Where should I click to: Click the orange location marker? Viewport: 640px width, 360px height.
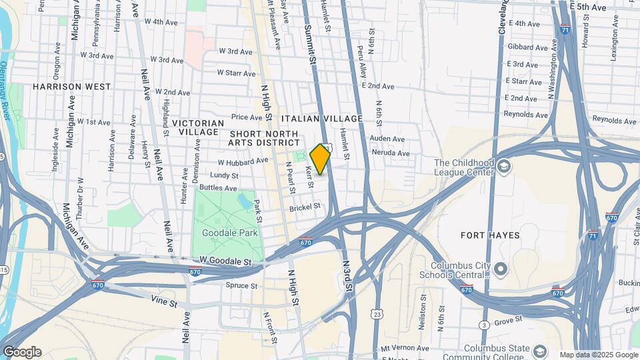click(x=321, y=159)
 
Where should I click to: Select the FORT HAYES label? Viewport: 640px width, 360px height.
click(x=490, y=235)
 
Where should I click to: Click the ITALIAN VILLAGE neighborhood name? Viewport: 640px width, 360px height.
click(x=322, y=119)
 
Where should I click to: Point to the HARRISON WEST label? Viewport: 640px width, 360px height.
click(x=71, y=87)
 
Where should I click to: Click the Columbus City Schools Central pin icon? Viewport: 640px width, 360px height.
click(x=501, y=270)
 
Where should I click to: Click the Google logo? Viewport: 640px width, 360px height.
click(x=21, y=352)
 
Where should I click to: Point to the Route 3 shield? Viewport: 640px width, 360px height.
click(x=483, y=325)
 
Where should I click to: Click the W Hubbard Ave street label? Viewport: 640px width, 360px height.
click(x=243, y=162)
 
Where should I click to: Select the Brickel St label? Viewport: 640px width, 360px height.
click(x=305, y=209)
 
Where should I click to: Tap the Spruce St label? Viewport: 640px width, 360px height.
click(x=243, y=286)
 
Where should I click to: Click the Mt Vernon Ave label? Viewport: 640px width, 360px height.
click(x=405, y=348)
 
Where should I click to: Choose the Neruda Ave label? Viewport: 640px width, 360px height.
click(x=391, y=153)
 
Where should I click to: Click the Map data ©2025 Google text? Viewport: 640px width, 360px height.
click(x=597, y=355)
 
